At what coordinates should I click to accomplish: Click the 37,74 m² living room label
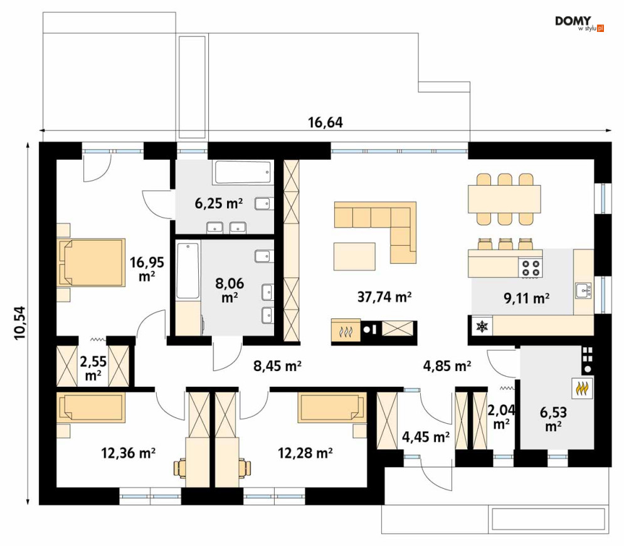click(384, 297)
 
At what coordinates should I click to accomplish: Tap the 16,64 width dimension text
click(325, 122)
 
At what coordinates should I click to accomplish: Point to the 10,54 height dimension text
click(20, 322)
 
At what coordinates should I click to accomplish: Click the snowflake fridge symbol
click(482, 327)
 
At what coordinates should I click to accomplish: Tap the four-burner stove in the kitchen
click(531, 267)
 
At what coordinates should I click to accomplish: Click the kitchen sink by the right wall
click(583, 290)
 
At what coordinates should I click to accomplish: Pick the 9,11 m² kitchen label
click(527, 298)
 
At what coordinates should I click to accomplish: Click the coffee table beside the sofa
click(354, 256)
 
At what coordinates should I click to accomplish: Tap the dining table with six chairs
click(504, 199)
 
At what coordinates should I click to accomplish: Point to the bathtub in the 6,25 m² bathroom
click(243, 172)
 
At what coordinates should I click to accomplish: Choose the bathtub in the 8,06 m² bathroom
click(188, 270)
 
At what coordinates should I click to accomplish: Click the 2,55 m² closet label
click(93, 368)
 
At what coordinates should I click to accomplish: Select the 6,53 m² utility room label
click(553, 419)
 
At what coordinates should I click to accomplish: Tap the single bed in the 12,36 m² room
click(91, 407)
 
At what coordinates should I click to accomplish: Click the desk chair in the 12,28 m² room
click(245, 468)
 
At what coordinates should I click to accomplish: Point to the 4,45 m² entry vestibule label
click(425, 437)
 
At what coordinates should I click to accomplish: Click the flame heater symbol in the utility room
click(583, 388)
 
